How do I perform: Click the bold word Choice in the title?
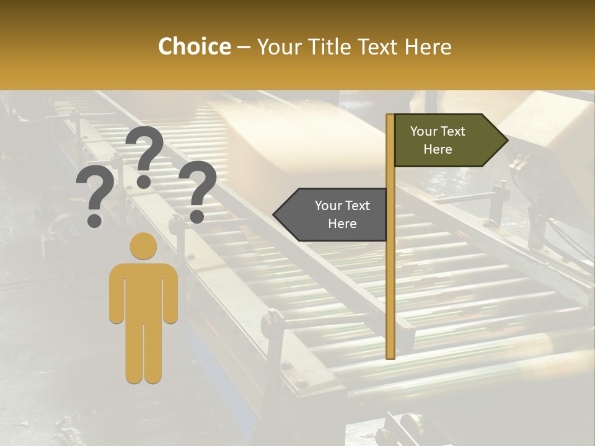(194, 47)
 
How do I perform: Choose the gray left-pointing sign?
(335, 214)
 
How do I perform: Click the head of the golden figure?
(143, 245)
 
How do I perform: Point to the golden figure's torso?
(143, 291)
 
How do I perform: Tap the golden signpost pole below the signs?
(390, 297)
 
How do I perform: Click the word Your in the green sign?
(424, 131)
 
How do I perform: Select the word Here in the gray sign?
(342, 224)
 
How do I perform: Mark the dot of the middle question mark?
(144, 181)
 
